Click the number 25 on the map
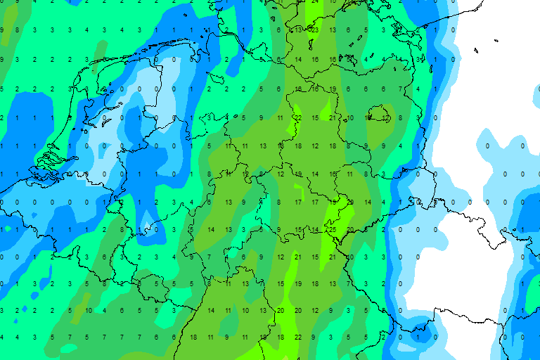tap(331, 230)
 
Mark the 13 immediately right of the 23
tap(332, 30)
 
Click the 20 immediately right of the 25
tap(349, 230)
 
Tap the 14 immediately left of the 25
tap(314, 230)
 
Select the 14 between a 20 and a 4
tap(367, 202)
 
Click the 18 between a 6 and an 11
tap(193, 337)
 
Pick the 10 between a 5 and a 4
tap(88, 310)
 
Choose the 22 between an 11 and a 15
tap(297, 117)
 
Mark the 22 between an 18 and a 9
tap(297, 337)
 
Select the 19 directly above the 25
tap(332, 202)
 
